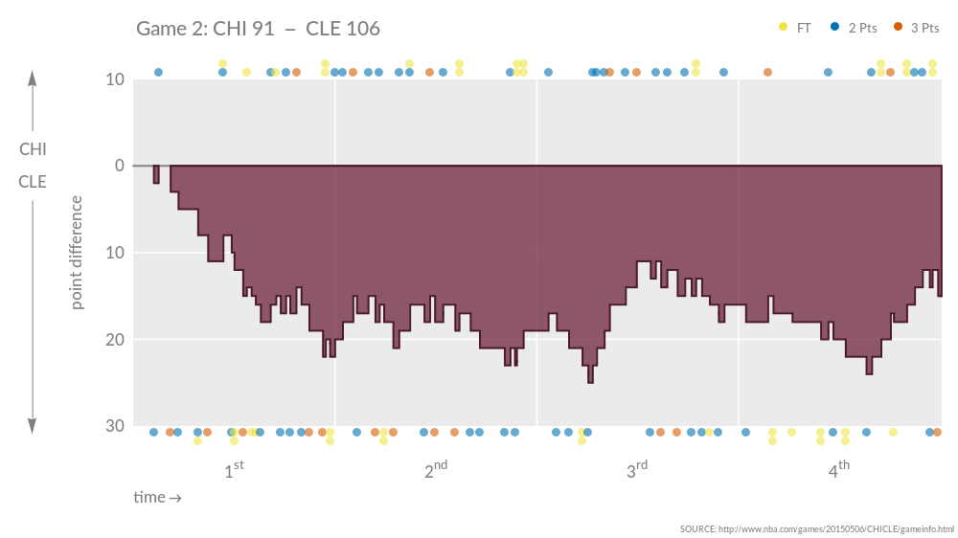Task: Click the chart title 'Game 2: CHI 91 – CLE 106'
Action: [258, 29]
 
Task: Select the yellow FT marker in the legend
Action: [784, 28]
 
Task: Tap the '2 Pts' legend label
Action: [862, 28]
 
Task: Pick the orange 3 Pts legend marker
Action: [898, 28]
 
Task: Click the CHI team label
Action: [33, 149]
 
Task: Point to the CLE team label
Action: [33, 181]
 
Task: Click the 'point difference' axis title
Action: [77, 253]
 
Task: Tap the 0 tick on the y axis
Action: [119, 166]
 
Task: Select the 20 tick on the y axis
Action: [115, 340]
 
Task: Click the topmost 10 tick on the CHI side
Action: [115, 79]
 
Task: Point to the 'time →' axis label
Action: [157, 498]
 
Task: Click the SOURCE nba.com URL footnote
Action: [816, 528]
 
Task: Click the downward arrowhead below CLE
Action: [33, 427]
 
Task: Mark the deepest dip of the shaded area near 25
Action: [590, 381]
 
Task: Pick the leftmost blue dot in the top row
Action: [158, 72]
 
